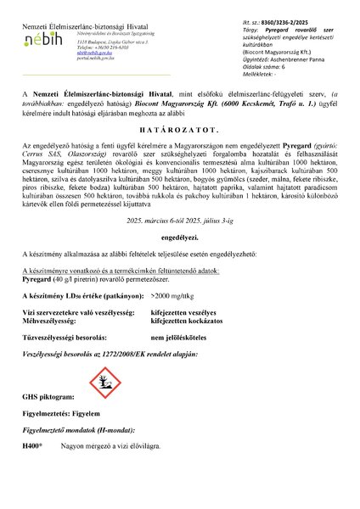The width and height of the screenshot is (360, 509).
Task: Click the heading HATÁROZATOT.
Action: [181, 132]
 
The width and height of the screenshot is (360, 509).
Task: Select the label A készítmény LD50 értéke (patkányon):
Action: [76, 294]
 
